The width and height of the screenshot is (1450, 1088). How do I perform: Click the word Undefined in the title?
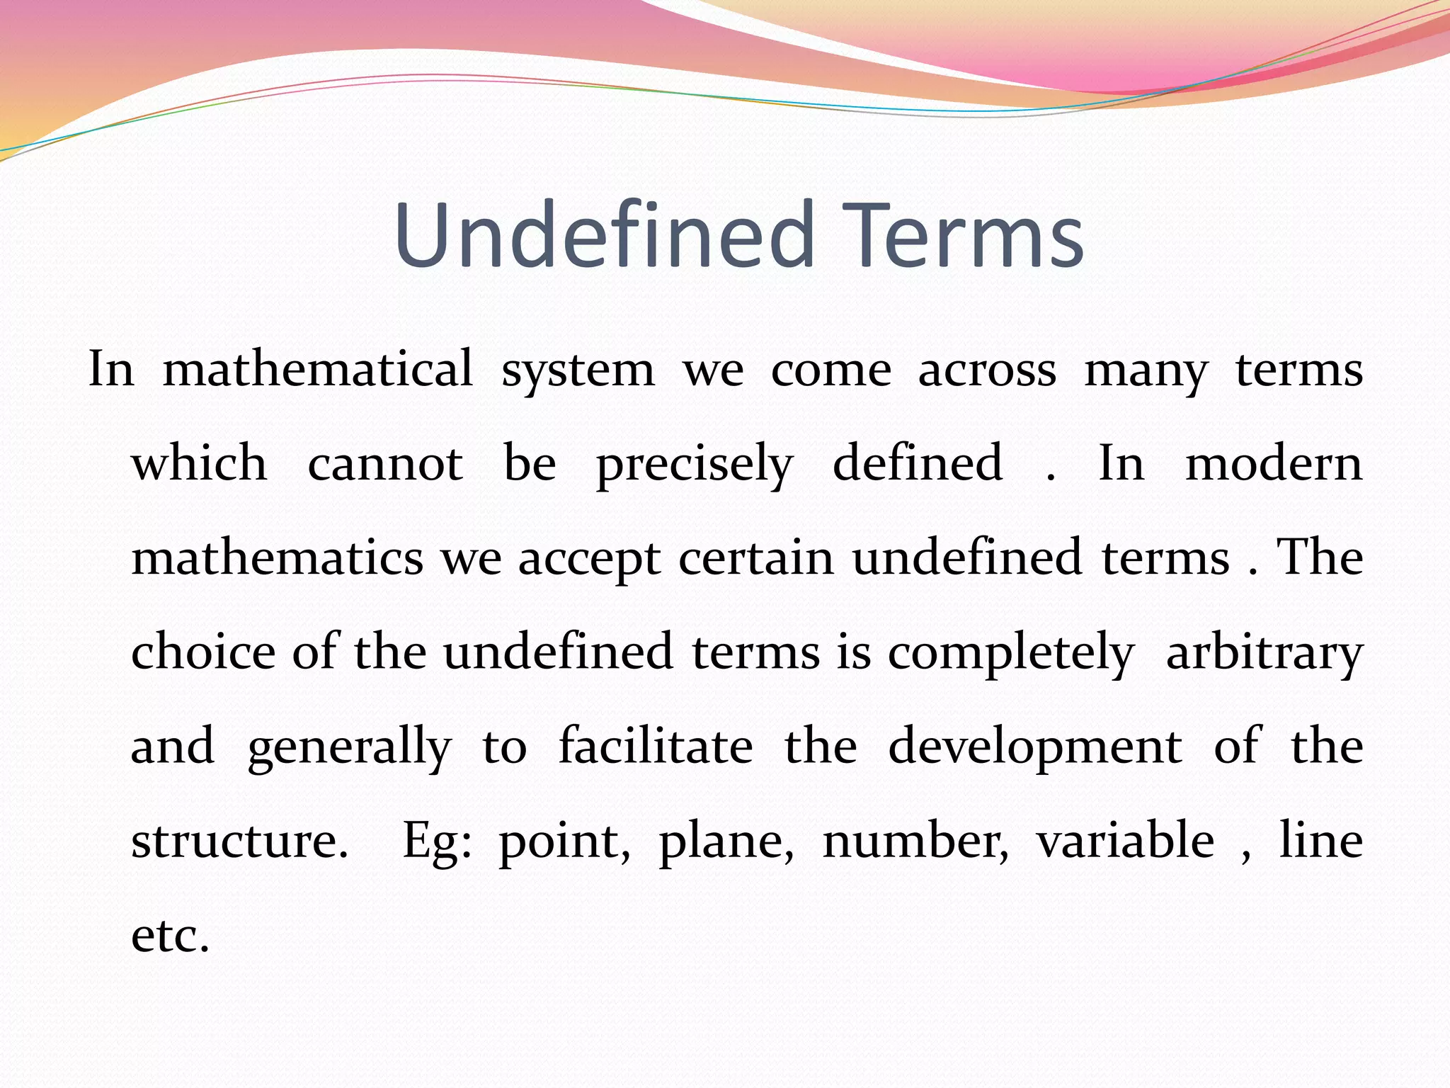click(x=605, y=235)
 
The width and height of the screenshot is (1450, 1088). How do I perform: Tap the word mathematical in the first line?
click(x=318, y=370)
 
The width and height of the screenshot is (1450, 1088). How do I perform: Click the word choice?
click(x=203, y=652)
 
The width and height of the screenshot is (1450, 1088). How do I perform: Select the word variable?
click(x=1125, y=840)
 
